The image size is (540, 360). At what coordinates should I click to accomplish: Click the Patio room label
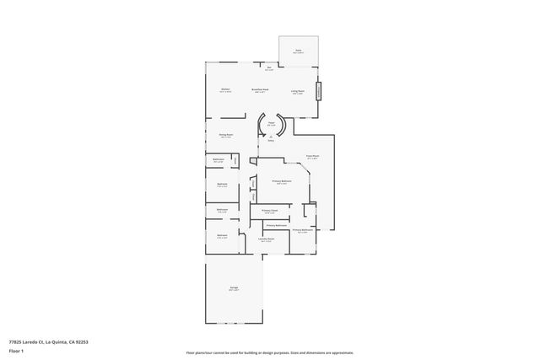point(298,50)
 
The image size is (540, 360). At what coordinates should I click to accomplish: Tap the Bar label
point(269,68)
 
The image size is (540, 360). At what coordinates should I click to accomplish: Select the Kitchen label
point(225,89)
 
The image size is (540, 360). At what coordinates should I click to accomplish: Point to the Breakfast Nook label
point(260,89)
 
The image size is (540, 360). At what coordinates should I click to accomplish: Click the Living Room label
point(298,91)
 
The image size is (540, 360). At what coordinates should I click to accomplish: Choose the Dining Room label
point(226,134)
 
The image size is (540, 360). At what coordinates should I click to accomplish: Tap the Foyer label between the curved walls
point(272,124)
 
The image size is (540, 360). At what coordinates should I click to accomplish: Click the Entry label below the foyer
point(271,140)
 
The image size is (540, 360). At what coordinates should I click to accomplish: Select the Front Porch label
point(311,156)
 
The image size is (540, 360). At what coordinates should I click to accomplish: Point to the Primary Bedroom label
point(282,181)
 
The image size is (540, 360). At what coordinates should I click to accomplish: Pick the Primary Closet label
point(270,211)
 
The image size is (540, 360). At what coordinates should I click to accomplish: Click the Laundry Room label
point(266,239)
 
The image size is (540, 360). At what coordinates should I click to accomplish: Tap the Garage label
point(233,289)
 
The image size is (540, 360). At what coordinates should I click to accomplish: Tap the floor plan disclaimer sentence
point(270,352)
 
